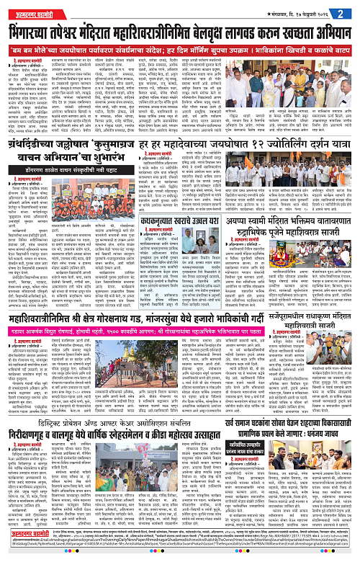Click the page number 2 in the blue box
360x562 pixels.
point(348,12)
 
